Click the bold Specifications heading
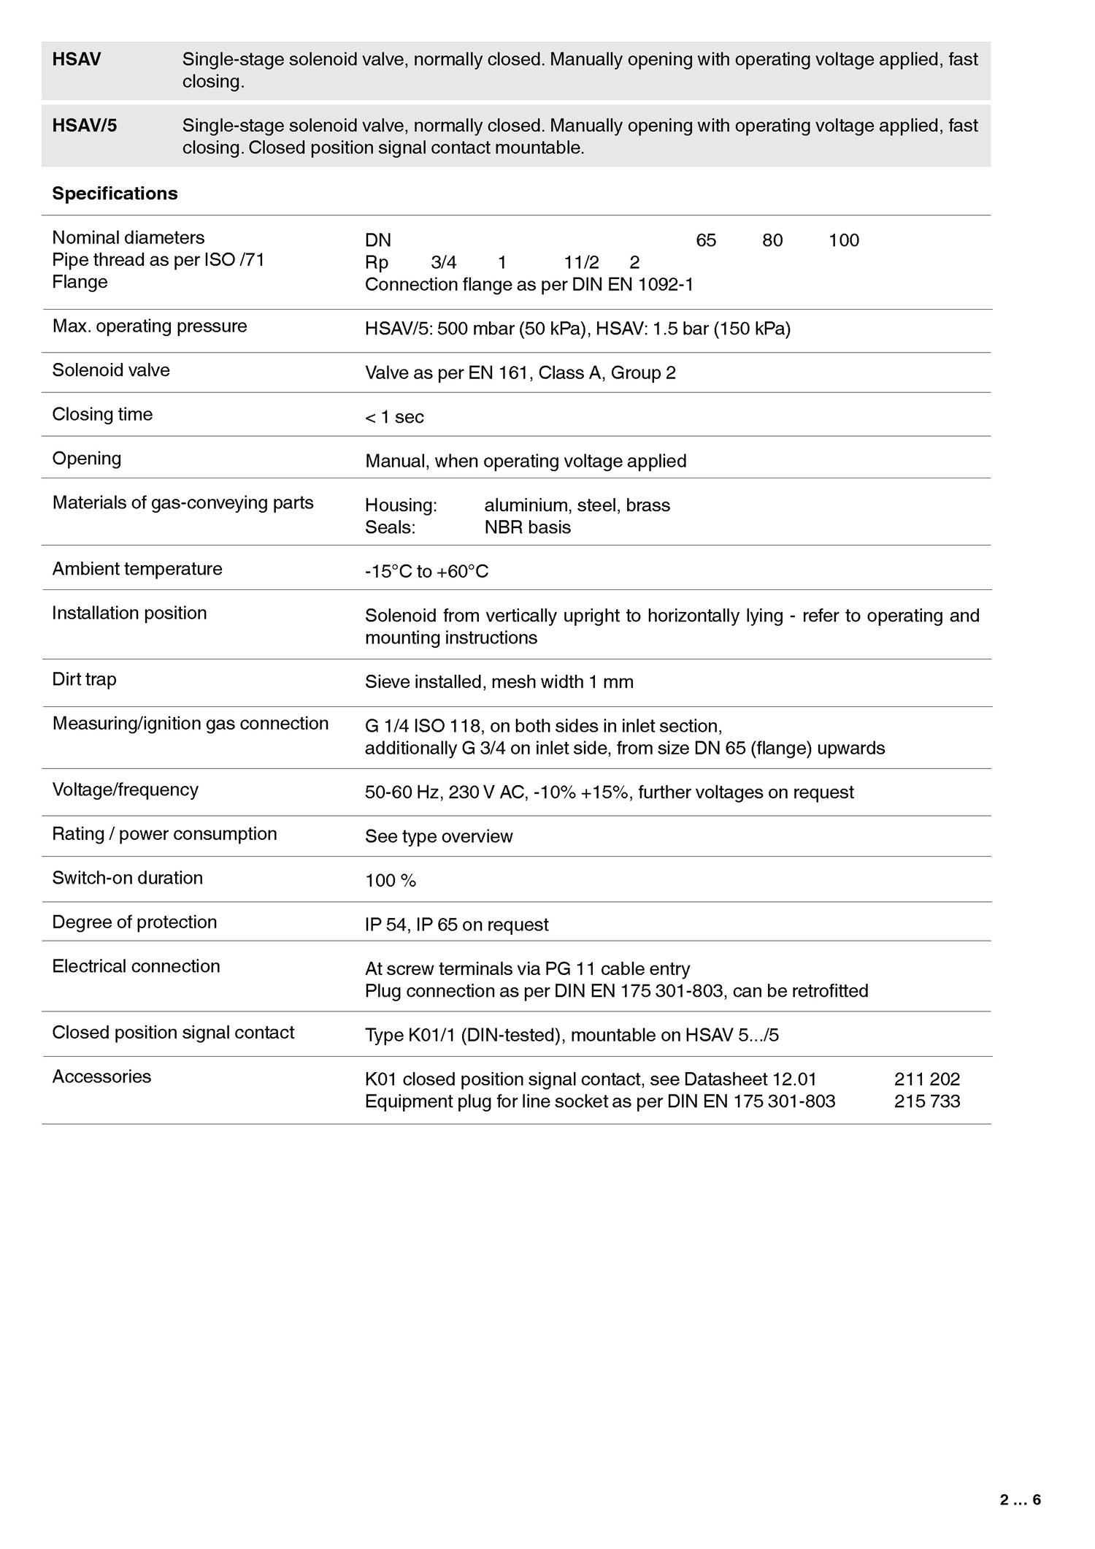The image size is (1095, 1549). click(115, 194)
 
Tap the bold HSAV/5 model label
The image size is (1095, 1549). click(84, 126)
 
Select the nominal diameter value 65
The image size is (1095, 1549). click(706, 240)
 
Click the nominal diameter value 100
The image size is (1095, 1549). click(844, 240)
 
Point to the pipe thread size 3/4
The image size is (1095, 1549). click(444, 262)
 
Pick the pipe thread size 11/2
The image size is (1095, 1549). click(581, 262)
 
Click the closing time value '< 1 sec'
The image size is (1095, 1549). click(394, 417)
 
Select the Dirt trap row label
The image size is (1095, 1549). click(84, 679)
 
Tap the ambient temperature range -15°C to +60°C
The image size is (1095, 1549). click(426, 571)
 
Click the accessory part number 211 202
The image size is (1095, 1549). click(927, 1079)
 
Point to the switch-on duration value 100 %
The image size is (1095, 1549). click(390, 881)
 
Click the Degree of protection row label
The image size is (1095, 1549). click(134, 922)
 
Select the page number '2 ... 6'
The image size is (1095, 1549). click(1020, 1500)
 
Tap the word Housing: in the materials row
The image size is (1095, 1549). click(401, 505)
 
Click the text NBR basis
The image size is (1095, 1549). click(527, 527)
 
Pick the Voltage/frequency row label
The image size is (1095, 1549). click(125, 789)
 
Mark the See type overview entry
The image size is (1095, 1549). click(439, 836)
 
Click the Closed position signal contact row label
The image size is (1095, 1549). click(173, 1032)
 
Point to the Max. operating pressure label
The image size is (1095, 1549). click(150, 326)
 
